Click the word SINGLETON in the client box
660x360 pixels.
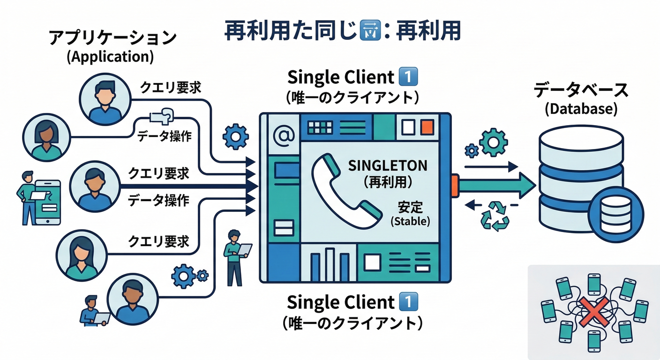388,165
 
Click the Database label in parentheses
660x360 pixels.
581,109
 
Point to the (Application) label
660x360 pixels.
111,57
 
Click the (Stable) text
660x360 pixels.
410,221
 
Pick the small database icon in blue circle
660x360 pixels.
608,213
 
